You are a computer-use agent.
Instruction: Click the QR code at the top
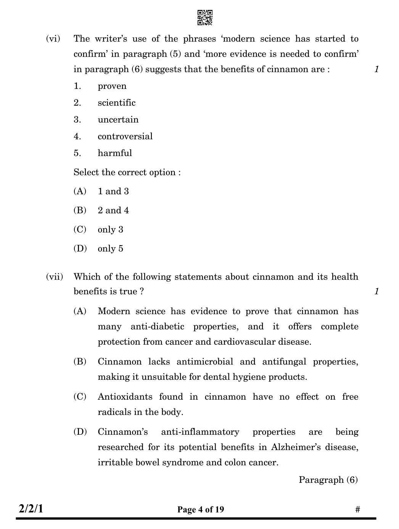[205, 18]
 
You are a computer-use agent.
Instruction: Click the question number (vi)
[53, 39]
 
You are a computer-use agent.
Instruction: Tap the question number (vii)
[54, 277]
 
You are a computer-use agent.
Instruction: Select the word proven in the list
[112, 86]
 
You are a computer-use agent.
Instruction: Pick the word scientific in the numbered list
[116, 103]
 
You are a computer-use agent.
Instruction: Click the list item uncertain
[118, 120]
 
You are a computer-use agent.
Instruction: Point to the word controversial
[125, 137]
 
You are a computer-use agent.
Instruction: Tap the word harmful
[114, 153]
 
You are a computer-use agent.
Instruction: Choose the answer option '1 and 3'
[113, 192]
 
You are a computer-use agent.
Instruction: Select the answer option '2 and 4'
[113, 211]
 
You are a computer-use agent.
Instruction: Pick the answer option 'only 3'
[110, 230]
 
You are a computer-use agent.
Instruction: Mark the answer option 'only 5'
[110, 249]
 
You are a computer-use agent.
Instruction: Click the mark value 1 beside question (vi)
[376, 69]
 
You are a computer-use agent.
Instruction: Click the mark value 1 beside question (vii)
[376, 292]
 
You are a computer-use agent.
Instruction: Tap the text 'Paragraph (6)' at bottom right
[328, 480]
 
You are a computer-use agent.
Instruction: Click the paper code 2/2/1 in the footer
[31, 509]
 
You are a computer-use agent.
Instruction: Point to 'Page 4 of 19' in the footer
[201, 510]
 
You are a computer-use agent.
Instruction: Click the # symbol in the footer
[357, 510]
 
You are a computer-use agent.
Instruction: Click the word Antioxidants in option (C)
[125, 397]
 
